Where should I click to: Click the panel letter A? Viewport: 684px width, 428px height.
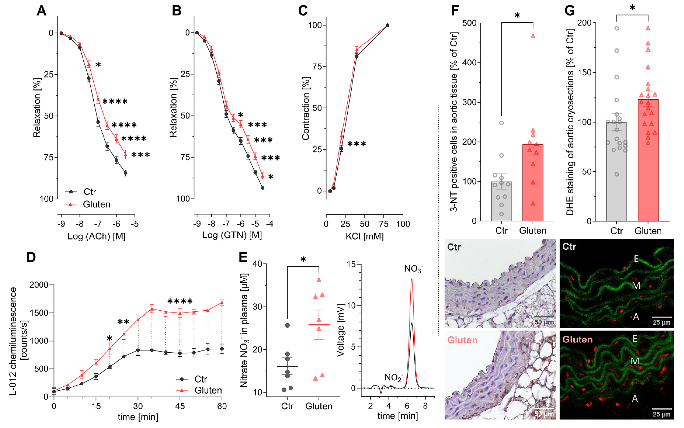click(x=41, y=11)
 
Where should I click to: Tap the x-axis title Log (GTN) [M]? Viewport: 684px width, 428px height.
click(x=232, y=235)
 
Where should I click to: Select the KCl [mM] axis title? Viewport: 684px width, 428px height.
click(x=364, y=236)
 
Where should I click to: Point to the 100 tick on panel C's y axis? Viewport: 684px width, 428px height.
click(x=315, y=25)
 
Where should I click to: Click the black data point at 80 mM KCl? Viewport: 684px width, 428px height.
click(x=387, y=25)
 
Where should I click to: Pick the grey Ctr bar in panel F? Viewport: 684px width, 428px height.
click(x=501, y=201)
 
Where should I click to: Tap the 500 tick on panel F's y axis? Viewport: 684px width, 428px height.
click(x=469, y=23)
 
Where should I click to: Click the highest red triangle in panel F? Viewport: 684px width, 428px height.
click(x=533, y=36)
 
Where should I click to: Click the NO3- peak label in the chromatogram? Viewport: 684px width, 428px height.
click(x=413, y=269)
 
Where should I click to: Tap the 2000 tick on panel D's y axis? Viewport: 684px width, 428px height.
click(x=39, y=285)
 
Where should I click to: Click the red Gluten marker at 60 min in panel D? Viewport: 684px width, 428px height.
click(x=222, y=303)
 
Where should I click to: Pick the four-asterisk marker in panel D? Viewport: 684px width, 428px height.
click(x=180, y=301)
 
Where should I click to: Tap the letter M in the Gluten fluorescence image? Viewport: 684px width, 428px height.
click(x=635, y=361)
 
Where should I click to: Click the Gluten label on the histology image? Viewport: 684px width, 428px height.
click(x=462, y=340)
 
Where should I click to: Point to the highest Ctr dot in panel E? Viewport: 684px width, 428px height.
click(x=287, y=325)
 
